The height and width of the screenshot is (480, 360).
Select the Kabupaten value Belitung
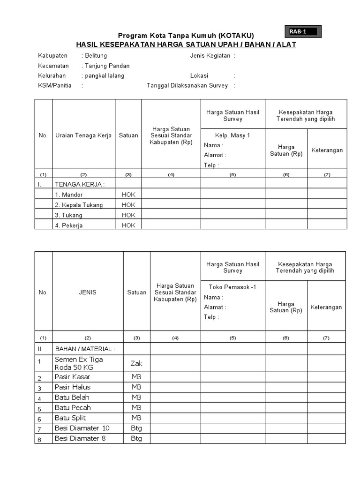pos(96,56)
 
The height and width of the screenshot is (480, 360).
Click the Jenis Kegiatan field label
pos(210,56)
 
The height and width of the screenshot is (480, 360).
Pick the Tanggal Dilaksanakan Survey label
pos(187,85)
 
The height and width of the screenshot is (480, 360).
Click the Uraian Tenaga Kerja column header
pos(83,135)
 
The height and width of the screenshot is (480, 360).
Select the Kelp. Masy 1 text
pos(233,135)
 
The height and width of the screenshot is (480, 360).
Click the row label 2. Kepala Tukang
pos(79,205)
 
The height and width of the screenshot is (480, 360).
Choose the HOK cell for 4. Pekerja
pos(128,225)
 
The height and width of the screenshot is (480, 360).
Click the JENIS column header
pos(88,292)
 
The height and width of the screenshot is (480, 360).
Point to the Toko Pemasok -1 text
pos(233,287)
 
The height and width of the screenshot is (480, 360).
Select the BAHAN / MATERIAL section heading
pos(85,349)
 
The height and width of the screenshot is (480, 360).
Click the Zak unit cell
pos(136,363)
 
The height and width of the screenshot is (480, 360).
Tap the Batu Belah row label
pos(72,397)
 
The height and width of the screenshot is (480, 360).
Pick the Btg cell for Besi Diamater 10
pos(136,428)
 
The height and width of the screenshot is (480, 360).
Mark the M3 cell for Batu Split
pos(136,418)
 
